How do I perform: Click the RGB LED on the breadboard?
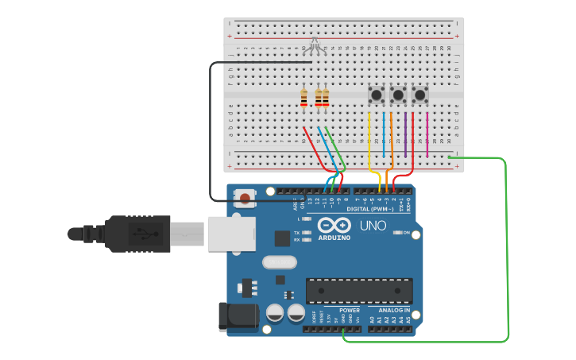[315, 43]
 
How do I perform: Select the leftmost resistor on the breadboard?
[304, 98]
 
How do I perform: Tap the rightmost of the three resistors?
[326, 98]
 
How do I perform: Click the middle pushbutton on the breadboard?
[398, 95]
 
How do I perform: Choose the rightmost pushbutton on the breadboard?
[419, 95]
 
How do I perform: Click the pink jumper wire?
[427, 134]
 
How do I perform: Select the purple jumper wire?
[405, 134]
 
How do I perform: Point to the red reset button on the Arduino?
[245, 198]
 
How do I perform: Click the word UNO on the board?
[373, 225]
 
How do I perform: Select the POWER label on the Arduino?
[350, 310]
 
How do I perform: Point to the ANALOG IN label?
[394, 310]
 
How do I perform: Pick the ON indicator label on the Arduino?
[405, 232]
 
